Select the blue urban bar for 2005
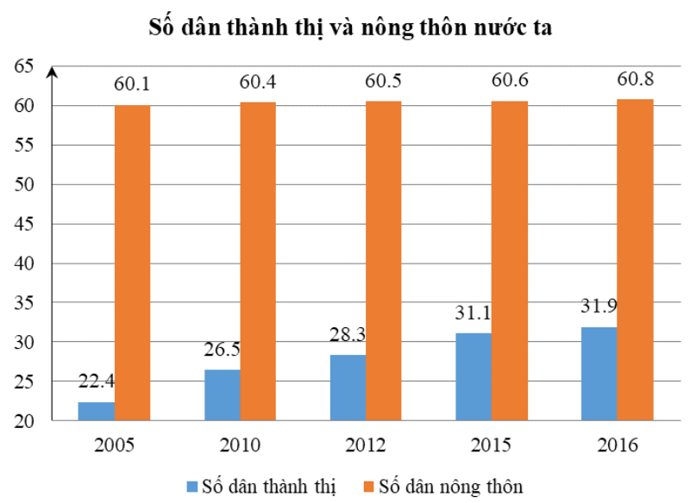tap(96, 411)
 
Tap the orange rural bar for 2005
tap(132, 263)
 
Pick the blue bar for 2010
tap(222, 394)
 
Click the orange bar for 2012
tap(383, 260)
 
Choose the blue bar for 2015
tap(474, 376)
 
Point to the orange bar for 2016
tap(635, 259)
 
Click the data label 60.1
tap(132, 85)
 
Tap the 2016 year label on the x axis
tap(617, 445)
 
